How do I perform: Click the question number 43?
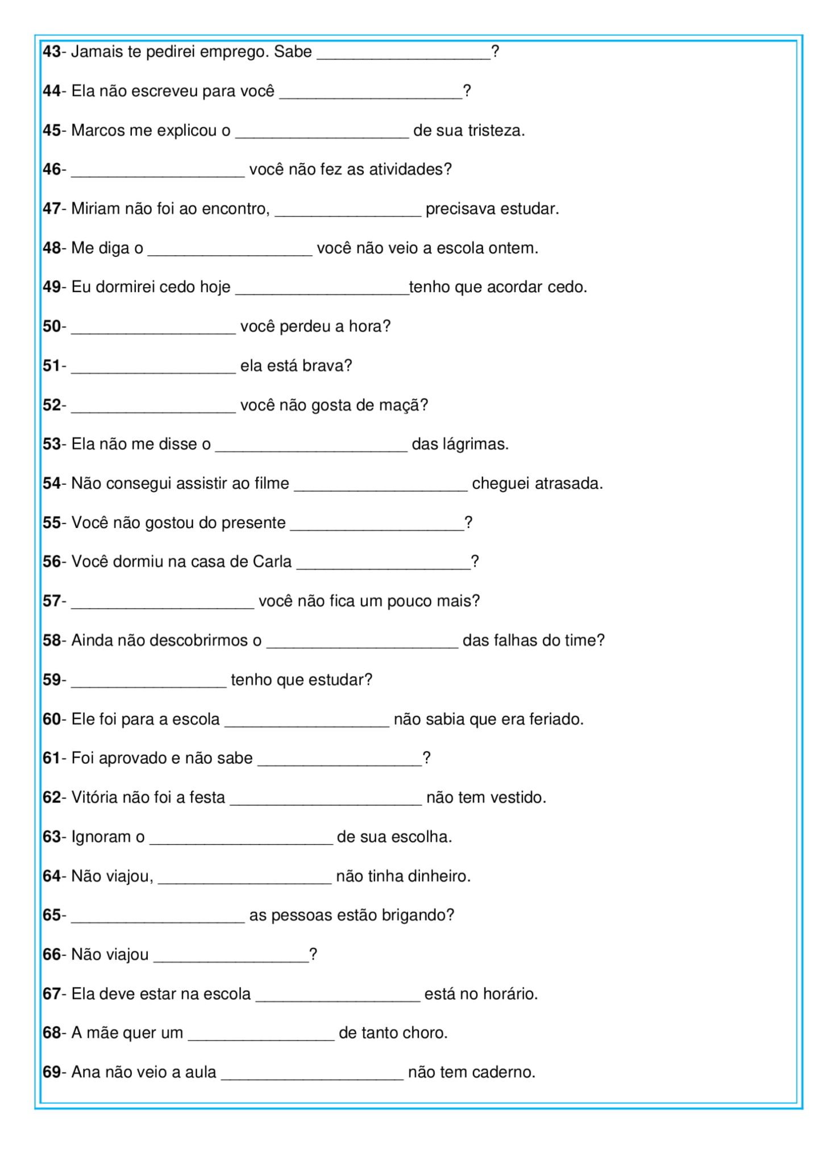[x=52, y=52]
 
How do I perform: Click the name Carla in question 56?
[x=272, y=562]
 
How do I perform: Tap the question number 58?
[x=52, y=641]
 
